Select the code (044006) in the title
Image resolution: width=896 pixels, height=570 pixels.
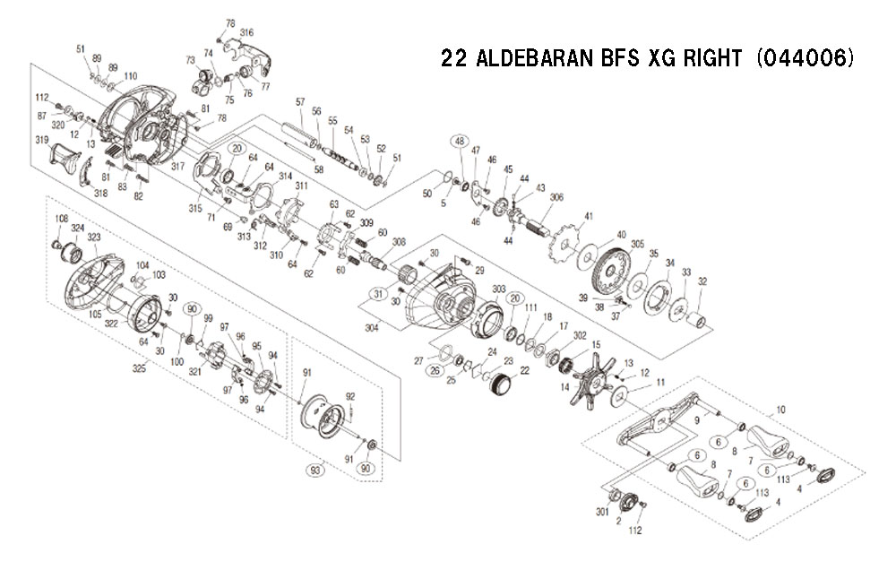pyautogui.click(x=806, y=58)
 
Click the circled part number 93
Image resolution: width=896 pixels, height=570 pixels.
pyautogui.click(x=315, y=471)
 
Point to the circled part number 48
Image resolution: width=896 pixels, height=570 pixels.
pyautogui.click(x=460, y=141)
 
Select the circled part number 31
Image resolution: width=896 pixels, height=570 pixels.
pyautogui.click(x=378, y=295)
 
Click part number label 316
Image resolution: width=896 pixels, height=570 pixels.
pyautogui.click(x=247, y=32)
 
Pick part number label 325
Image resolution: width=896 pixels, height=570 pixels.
pyautogui.click(x=139, y=368)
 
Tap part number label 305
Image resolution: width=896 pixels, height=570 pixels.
pyautogui.click(x=638, y=244)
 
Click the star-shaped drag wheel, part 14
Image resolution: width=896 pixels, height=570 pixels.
pyautogui.click(x=591, y=378)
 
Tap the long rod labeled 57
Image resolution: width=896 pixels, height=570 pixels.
pyautogui.click(x=300, y=134)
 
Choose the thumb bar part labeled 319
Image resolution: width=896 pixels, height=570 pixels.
pyautogui.click(x=64, y=159)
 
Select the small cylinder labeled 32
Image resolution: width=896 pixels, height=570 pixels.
pyautogui.click(x=699, y=322)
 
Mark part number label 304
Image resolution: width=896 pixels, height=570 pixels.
pyautogui.click(x=372, y=328)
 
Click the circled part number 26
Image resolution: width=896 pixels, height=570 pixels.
pyautogui.click(x=436, y=371)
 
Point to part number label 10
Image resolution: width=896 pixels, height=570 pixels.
pyautogui.click(x=780, y=410)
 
